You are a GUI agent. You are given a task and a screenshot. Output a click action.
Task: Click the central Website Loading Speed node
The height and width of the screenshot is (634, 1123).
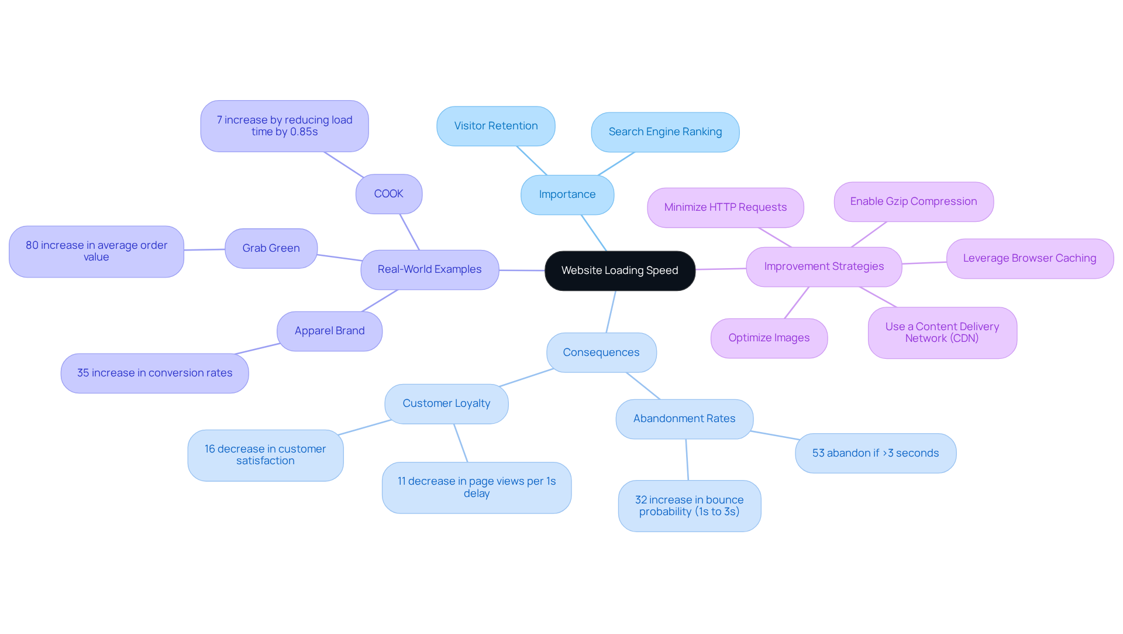pos(619,270)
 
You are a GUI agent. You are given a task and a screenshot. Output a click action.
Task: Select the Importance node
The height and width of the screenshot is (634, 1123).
pos(567,194)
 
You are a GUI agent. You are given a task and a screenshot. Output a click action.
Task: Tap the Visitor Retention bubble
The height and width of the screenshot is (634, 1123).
pos(495,126)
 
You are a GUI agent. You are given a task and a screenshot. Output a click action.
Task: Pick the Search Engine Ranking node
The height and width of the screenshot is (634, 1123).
pos(665,132)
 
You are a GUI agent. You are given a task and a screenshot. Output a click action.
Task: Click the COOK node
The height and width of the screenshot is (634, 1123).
pos(388,194)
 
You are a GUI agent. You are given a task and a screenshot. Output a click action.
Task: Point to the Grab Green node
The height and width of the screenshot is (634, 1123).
pos(271,248)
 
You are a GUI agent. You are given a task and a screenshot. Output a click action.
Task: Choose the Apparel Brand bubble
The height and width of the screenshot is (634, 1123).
pos(329,331)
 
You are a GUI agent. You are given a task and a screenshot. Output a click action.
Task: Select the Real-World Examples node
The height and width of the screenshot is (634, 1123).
pos(429,269)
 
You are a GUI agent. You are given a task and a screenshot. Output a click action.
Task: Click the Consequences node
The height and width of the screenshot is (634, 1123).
pos(601,352)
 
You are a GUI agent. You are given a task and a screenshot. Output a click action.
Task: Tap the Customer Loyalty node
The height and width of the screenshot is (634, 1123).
pos(446,403)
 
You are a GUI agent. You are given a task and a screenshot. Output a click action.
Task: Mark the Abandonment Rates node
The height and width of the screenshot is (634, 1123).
pos(684,419)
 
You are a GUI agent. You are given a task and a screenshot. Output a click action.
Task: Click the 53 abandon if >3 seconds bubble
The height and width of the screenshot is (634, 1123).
pos(875,453)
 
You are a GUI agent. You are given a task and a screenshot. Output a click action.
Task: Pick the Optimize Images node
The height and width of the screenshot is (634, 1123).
pos(769,338)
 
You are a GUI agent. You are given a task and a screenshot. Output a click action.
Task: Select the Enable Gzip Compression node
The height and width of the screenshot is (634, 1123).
pos(913,201)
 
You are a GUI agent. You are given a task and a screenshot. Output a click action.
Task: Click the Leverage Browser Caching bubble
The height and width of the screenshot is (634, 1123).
pos(1029,258)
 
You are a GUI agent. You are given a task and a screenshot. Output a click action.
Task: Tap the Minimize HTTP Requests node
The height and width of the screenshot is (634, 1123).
pos(725,207)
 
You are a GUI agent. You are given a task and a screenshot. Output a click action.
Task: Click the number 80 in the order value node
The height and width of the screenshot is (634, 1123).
pos(33,245)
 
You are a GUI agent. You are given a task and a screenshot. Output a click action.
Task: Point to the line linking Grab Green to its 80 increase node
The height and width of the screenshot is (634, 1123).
pos(204,249)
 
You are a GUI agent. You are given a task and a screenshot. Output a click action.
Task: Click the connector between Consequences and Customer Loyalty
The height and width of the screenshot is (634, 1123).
pos(526,378)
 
